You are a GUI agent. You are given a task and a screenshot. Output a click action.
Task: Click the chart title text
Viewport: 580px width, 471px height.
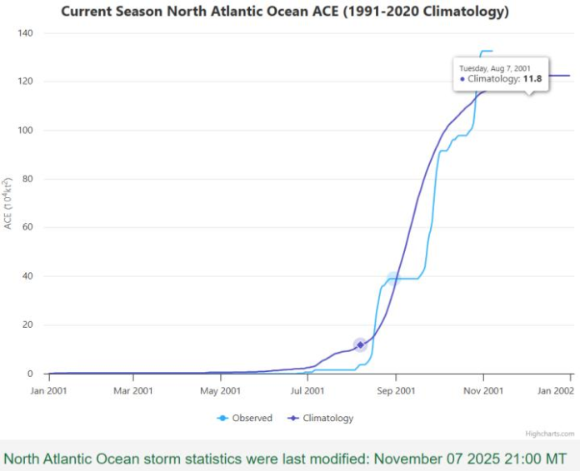285,12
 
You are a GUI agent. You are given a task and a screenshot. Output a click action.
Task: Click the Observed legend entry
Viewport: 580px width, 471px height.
251,418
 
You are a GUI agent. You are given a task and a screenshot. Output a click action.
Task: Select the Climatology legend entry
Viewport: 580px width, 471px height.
327,418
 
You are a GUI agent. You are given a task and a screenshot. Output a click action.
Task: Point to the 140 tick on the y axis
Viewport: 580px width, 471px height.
25,32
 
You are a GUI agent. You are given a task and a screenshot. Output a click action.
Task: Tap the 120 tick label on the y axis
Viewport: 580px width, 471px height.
25,82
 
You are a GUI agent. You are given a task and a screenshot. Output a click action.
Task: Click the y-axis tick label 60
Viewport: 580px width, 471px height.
27,227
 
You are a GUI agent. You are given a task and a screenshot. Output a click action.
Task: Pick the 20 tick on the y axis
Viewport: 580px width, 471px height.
27,325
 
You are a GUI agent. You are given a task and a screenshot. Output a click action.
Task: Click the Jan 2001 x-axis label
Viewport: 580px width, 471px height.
49,389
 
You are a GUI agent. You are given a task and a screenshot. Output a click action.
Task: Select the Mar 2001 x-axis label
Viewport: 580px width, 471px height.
133,389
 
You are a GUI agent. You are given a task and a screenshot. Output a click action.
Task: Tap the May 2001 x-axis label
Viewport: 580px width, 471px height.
221,389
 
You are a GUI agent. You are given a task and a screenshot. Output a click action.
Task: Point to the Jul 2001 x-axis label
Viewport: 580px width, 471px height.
307,389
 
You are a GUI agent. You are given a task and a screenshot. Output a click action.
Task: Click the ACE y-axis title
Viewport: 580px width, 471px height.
8,204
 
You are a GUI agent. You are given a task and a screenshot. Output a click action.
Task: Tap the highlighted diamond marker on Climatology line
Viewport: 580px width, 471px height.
360,345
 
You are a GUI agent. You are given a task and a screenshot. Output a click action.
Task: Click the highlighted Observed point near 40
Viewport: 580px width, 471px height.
393,279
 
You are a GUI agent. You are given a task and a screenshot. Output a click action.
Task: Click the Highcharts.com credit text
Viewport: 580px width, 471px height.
549,434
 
